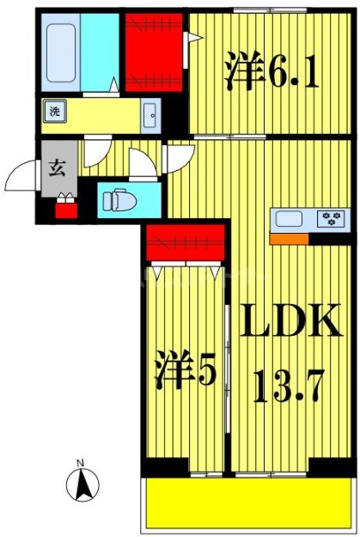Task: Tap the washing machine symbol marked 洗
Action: (x=53, y=112)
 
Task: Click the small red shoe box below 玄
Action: (x=65, y=207)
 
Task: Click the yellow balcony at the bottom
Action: (x=248, y=503)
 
